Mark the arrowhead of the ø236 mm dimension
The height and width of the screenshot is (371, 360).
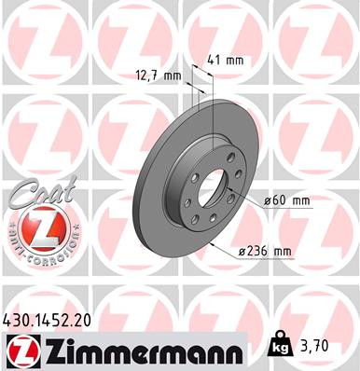[x=215, y=240]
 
